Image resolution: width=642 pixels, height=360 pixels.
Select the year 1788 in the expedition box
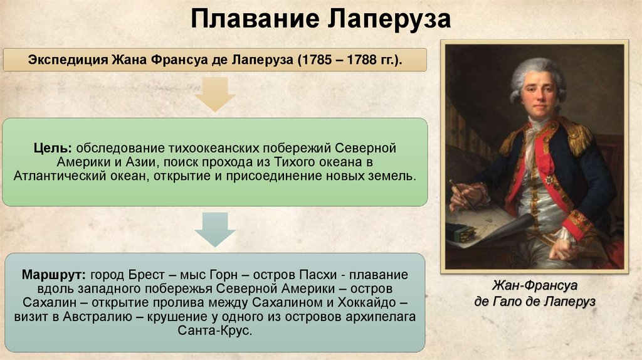tap(354, 61)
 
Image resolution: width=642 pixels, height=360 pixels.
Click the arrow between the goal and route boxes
tap(214, 230)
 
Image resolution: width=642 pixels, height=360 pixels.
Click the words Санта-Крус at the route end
tap(214, 331)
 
